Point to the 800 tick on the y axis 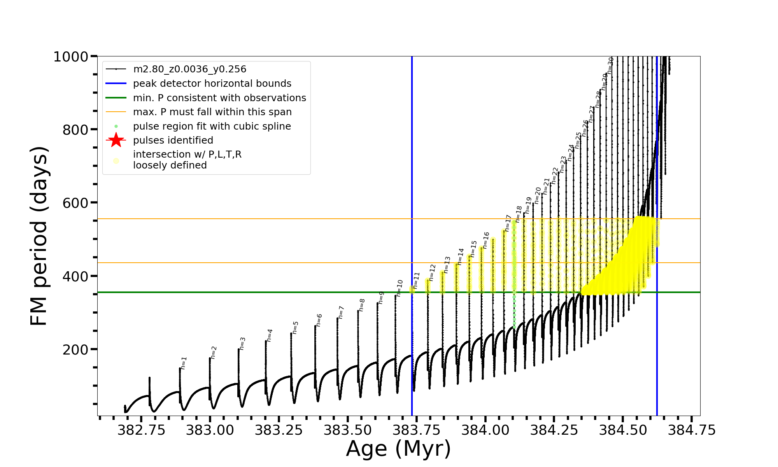75,130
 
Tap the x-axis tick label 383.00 210,430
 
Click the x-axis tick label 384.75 692,430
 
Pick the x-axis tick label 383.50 348,430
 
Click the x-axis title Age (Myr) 398,449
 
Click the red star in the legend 116,140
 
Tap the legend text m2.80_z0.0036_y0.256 189,69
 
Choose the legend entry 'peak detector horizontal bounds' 212,84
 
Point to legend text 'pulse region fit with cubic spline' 212,126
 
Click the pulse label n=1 184,363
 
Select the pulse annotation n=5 296,328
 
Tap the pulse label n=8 362,305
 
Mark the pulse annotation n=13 447,265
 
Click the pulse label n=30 610,65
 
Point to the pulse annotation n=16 486,240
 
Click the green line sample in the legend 116,98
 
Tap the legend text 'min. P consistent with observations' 219,98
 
